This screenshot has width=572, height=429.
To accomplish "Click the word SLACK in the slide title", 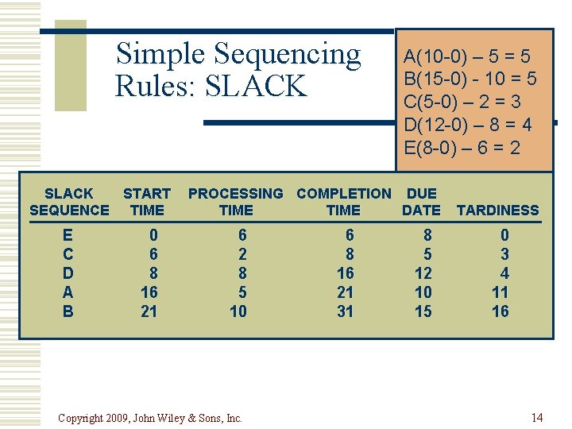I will [255, 87].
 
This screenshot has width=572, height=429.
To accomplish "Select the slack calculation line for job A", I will [467, 56].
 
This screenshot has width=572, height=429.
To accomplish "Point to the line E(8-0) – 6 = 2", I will [462, 148].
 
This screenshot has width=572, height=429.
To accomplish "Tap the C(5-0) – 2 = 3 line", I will [462, 102].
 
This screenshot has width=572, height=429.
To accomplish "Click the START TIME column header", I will [147, 202].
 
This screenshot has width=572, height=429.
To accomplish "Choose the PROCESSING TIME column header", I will [236, 202].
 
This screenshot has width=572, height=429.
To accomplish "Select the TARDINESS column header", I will [498, 210].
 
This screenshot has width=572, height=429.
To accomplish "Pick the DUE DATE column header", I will [421, 202].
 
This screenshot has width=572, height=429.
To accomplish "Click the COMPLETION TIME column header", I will [343, 202].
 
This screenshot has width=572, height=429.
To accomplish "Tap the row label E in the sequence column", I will [68, 235].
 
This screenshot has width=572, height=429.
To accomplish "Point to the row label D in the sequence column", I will [68, 273].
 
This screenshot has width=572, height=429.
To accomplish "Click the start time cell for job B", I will [149, 311].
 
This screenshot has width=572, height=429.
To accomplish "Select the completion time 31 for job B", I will [345, 311].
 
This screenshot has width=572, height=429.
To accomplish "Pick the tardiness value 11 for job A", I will [500, 292].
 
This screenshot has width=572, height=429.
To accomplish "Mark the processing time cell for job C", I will [242, 254].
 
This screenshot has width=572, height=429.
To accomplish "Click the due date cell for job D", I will [423, 273].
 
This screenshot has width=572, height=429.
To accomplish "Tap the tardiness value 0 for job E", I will [504, 235].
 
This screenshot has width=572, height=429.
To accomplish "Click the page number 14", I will [537, 418].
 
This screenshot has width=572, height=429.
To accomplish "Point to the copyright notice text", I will [150, 418].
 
